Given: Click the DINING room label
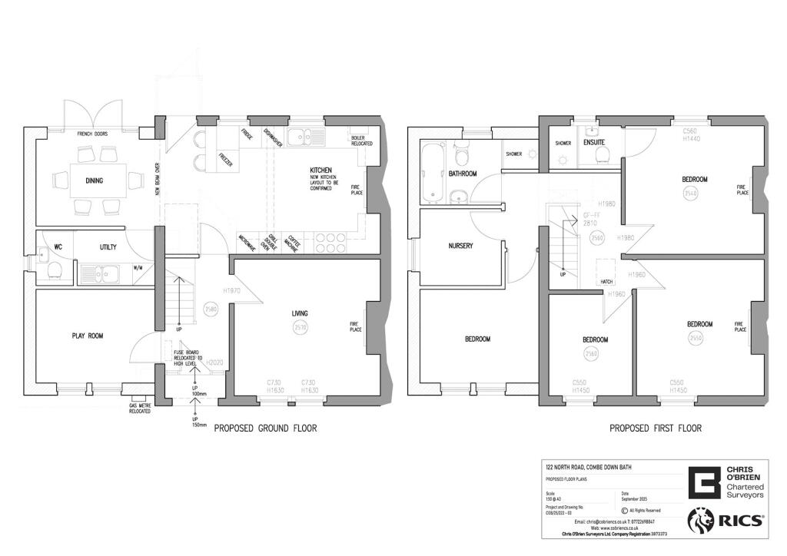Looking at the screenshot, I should [95, 181].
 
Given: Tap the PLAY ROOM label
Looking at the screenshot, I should [88, 336].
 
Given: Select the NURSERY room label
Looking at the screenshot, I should [460, 246].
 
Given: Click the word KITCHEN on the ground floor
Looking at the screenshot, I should [320, 170].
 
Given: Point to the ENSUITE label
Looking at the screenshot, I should [594, 142].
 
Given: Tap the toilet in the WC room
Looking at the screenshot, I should [55, 270].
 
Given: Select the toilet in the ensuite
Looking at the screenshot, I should [603, 156].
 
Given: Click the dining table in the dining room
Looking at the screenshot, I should [95, 174].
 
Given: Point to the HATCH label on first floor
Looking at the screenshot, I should [606, 282].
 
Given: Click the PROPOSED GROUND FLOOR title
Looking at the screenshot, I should [265, 429].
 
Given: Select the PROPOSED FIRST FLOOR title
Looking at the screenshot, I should [656, 429].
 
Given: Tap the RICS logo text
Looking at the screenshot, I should [742, 521].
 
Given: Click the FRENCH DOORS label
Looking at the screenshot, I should [92, 134].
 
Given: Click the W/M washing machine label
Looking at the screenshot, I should [138, 268].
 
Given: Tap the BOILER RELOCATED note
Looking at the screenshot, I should [362, 141].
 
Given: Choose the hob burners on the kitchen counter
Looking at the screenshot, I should [330, 243].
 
